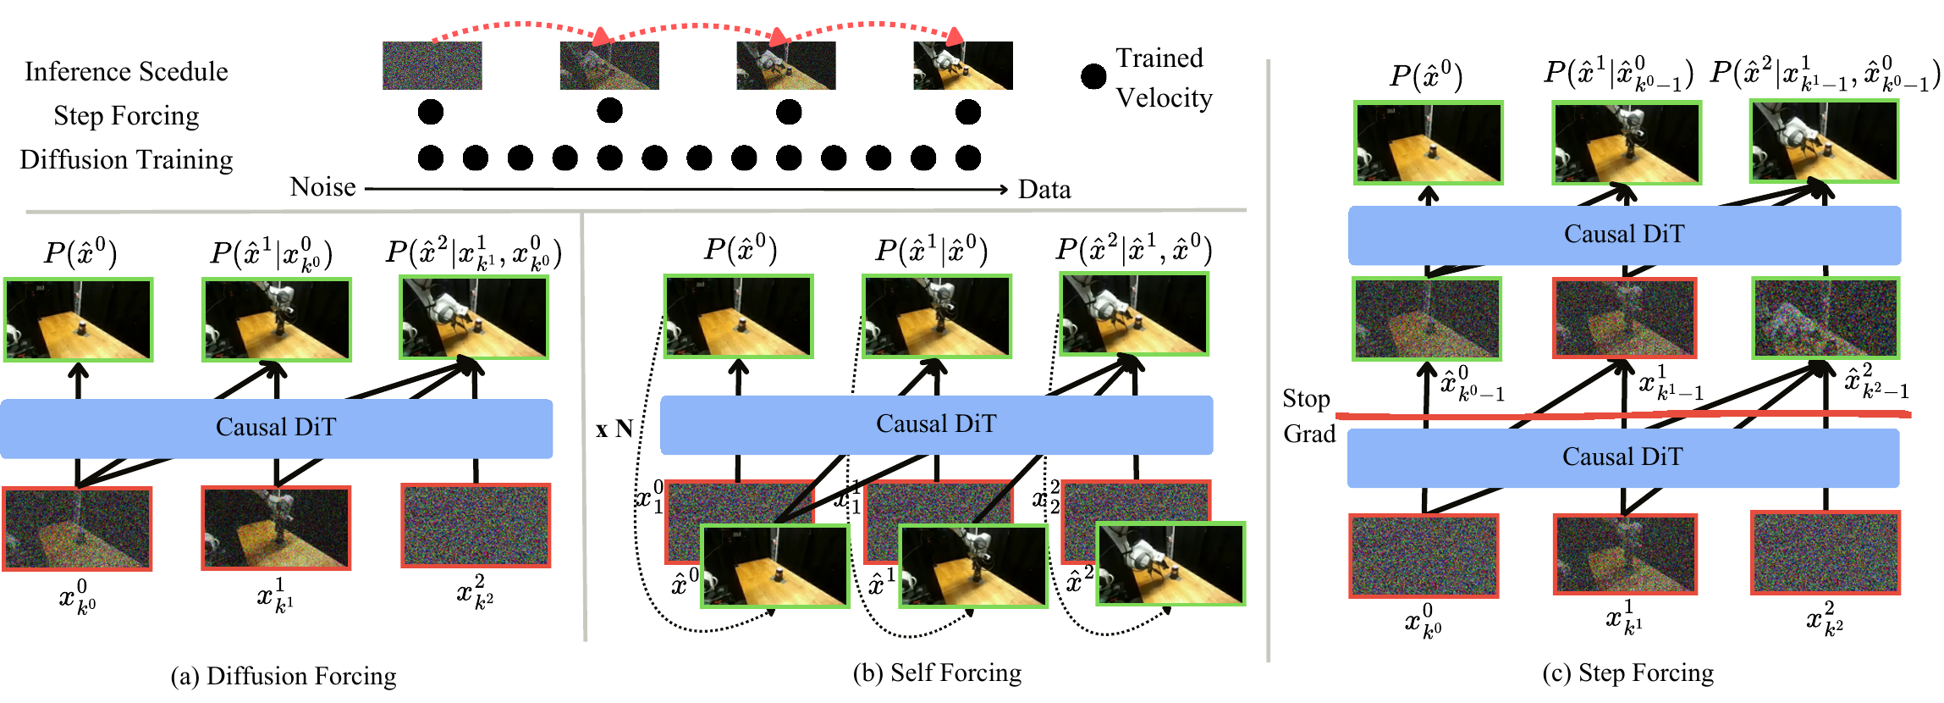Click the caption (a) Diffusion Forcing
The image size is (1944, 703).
[284, 676]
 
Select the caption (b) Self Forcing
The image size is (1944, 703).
[937, 673]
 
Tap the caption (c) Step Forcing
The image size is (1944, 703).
[1627, 673]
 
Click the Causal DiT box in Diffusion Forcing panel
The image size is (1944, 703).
[276, 428]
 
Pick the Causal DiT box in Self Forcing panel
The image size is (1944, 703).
[936, 424]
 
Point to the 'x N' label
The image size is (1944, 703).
[614, 429]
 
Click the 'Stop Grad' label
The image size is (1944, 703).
[1308, 416]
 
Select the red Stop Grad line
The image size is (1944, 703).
[1623, 415]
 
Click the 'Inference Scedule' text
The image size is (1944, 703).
[126, 71]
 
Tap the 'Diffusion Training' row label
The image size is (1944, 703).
[126, 159]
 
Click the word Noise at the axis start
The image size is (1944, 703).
[322, 186]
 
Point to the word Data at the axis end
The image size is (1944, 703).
[1044, 189]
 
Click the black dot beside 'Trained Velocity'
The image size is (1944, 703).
[1093, 76]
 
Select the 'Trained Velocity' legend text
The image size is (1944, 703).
[1164, 78]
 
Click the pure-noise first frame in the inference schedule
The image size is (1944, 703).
[432, 65]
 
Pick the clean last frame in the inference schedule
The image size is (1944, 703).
[963, 65]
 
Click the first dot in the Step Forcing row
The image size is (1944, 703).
[431, 112]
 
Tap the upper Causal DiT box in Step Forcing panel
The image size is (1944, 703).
[1624, 235]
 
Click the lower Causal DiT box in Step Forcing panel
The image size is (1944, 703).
[1623, 457]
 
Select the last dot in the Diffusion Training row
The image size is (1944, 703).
[968, 158]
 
